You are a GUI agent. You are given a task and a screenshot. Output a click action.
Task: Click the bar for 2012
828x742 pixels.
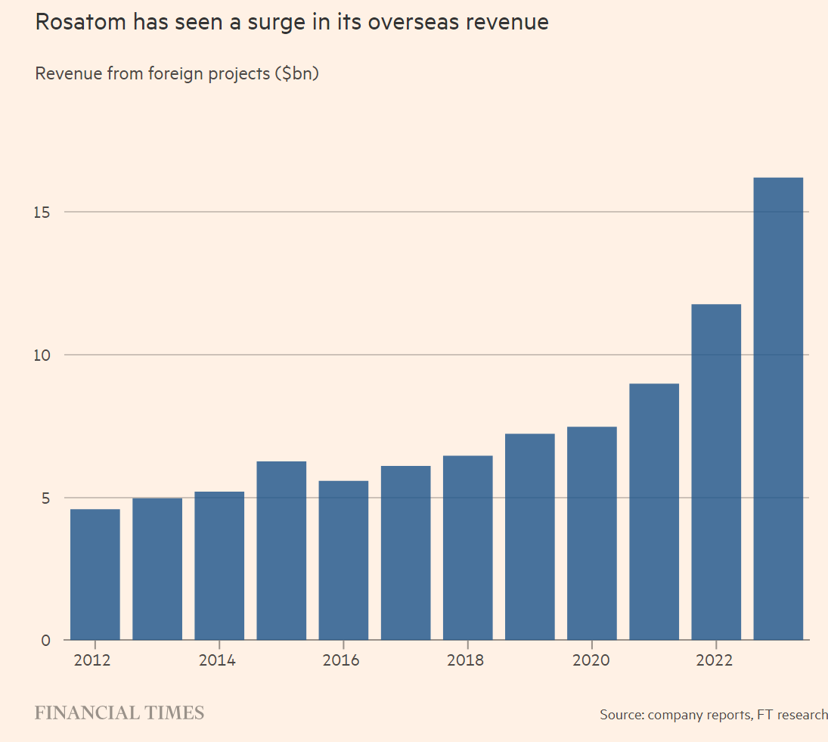(x=95, y=575)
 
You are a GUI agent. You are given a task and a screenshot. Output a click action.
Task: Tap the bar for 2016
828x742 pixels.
(x=343, y=560)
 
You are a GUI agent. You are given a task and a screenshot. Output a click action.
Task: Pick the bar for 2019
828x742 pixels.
(x=530, y=537)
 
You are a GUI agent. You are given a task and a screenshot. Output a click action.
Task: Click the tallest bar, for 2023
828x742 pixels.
(x=778, y=408)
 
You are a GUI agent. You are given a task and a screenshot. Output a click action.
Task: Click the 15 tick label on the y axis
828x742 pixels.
(x=43, y=212)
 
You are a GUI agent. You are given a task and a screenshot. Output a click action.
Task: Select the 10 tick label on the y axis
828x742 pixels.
(x=43, y=355)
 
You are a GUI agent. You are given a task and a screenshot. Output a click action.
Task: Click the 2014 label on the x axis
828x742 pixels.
(x=217, y=660)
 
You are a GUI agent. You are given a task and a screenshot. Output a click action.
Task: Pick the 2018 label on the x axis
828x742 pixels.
(x=465, y=660)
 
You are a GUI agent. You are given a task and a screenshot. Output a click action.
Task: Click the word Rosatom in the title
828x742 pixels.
(x=81, y=23)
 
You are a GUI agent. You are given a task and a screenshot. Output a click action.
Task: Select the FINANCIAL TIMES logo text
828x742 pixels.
(x=119, y=713)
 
